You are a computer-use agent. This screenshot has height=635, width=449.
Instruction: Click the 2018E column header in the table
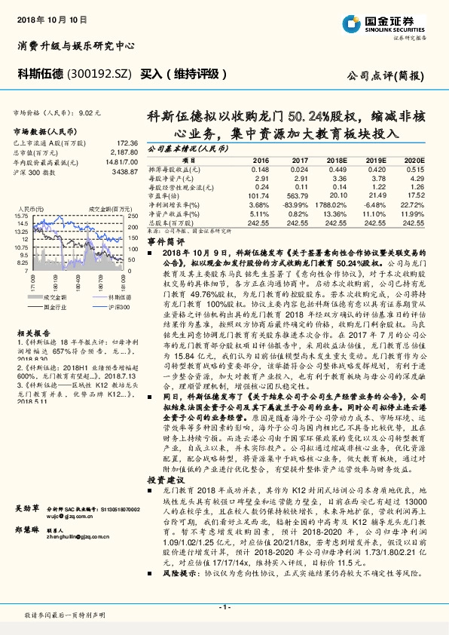pos(336,161)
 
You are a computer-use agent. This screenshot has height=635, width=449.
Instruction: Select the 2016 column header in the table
pos(261,161)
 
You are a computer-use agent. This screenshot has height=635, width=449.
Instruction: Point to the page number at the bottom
pos(224,606)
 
